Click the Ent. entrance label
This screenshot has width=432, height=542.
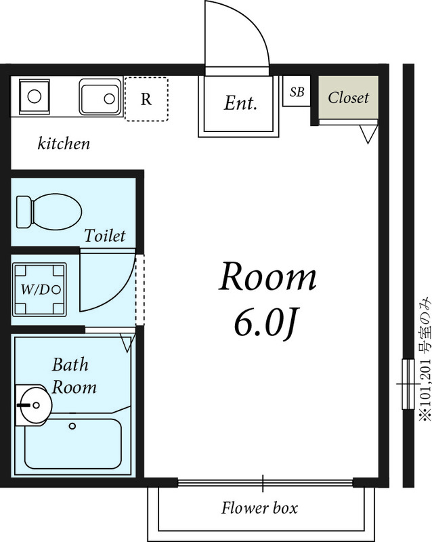click(x=240, y=103)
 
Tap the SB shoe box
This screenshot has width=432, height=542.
click(x=297, y=91)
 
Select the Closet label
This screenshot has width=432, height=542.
click(x=348, y=98)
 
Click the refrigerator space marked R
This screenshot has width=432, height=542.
click(x=146, y=99)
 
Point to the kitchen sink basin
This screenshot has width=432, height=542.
click(x=100, y=97)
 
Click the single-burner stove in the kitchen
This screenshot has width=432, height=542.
click(x=35, y=96)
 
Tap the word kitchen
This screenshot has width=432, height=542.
click(x=64, y=143)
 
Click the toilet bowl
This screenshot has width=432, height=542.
click(x=56, y=211)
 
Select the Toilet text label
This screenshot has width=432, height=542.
click(x=105, y=236)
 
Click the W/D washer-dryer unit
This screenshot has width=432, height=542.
click(x=39, y=290)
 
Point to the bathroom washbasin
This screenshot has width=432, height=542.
click(x=34, y=405)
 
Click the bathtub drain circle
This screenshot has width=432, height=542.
click(x=72, y=426)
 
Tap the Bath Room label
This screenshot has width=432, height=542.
click(x=74, y=376)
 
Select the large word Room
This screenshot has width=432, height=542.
click(x=267, y=276)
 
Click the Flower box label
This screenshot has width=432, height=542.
click(x=259, y=507)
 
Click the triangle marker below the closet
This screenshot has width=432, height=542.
click(x=368, y=134)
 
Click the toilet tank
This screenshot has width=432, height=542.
click(x=24, y=212)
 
